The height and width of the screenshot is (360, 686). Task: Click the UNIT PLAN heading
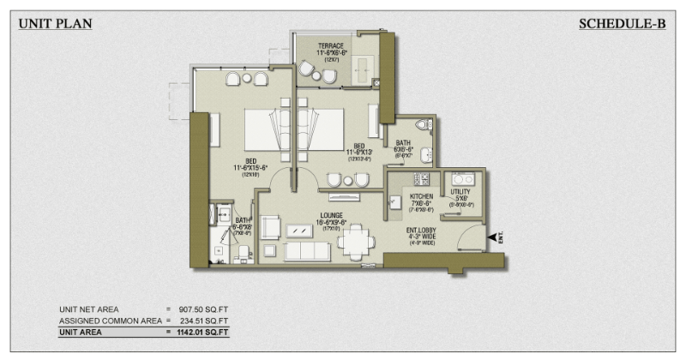click(55, 24)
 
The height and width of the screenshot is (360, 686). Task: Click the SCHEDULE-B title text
click(623, 24)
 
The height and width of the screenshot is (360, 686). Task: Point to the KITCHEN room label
click(421, 201)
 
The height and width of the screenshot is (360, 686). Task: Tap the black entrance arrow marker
click(492, 237)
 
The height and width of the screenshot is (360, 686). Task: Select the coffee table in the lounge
click(300, 231)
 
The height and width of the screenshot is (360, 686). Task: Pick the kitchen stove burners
click(421, 179)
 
